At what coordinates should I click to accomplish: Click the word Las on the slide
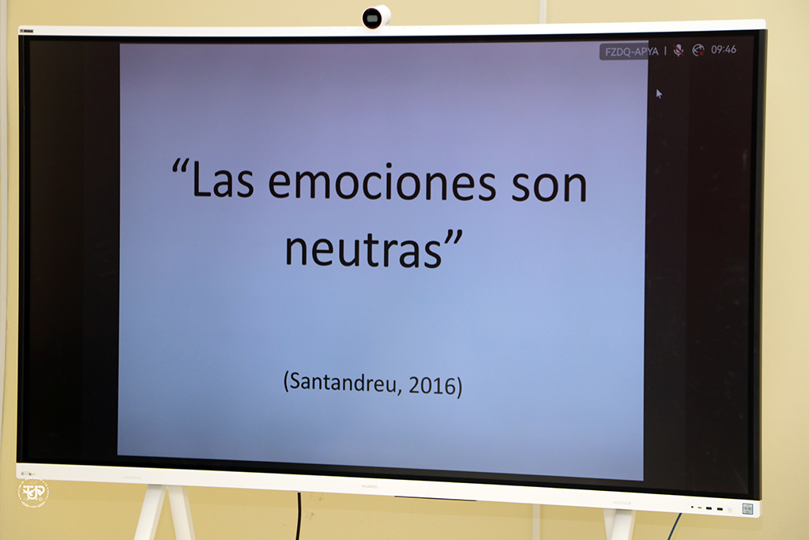222,181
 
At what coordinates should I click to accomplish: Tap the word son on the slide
550,187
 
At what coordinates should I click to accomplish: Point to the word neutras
363,249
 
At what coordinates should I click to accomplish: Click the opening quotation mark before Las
180,166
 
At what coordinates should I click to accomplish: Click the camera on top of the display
375,17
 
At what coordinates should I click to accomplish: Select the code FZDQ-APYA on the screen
631,51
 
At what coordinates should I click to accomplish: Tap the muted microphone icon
679,50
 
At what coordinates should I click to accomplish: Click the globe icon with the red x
698,50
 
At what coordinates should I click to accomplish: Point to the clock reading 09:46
724,50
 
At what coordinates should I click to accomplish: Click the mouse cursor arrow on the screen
659,93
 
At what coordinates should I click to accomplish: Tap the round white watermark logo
33,493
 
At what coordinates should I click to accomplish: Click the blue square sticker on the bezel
747,509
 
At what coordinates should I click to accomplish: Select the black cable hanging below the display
298,515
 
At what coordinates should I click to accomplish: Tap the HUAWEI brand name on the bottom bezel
370,486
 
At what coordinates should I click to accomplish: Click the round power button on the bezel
730,509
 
